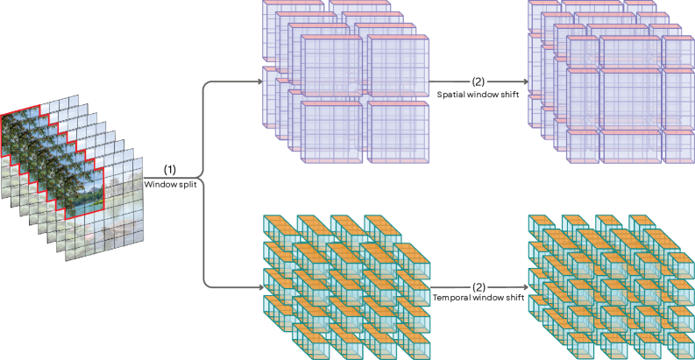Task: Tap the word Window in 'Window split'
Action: tap(161, 184)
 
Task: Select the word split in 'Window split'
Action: tap(187, 184)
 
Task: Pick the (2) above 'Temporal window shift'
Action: tap(479, 286)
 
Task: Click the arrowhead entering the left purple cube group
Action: tap(259, 82)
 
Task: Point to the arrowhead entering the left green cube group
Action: tap(259, 286)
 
